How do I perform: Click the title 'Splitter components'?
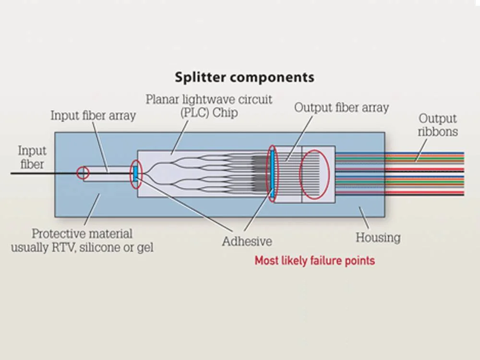[x=244, y=77]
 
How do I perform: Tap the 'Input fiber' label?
[x=32, y=157]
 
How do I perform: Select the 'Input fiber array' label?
[x=94, y=116]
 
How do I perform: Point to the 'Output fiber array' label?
[x=341, y=107]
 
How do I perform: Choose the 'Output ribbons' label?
[x=438, y=125]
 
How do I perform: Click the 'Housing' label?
[x=378, y=237]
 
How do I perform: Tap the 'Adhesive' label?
[x=247, y=241]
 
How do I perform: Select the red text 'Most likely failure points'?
[x=314, y=261]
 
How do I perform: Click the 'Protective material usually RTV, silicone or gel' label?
[x=82, y=241]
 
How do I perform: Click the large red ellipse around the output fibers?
[x=315, y=175]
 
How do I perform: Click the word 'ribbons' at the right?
[x=438, y=131]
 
